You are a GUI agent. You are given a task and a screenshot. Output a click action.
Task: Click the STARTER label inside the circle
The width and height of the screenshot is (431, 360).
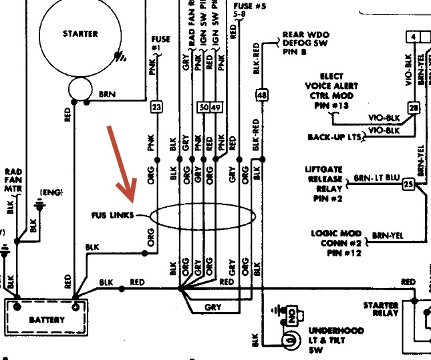point(80,33)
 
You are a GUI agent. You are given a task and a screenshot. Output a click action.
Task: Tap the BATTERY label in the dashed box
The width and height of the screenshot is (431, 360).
point(47,319)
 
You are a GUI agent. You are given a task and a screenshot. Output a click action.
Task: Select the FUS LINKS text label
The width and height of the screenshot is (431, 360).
point(112,215)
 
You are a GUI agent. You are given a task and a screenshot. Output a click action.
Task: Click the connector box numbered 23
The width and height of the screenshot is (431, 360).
point(157,107)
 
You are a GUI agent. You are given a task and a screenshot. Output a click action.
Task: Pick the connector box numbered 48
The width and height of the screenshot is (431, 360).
point(261,96)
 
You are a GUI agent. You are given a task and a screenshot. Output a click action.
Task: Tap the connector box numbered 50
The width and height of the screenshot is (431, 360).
point(203,107)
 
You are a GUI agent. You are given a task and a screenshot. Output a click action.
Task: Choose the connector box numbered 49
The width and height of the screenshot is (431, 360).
point(215,107)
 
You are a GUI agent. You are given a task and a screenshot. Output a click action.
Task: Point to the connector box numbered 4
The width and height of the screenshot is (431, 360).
point(414,36)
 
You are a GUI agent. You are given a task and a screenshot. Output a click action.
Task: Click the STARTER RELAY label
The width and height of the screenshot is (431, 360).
point(381,309)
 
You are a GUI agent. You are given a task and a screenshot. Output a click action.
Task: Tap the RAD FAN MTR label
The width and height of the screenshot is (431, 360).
point(13,180)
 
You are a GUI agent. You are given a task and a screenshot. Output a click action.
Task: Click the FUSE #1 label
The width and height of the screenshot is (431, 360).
point(161,44)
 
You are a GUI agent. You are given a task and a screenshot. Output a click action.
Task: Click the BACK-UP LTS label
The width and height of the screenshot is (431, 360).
point(334,137)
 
